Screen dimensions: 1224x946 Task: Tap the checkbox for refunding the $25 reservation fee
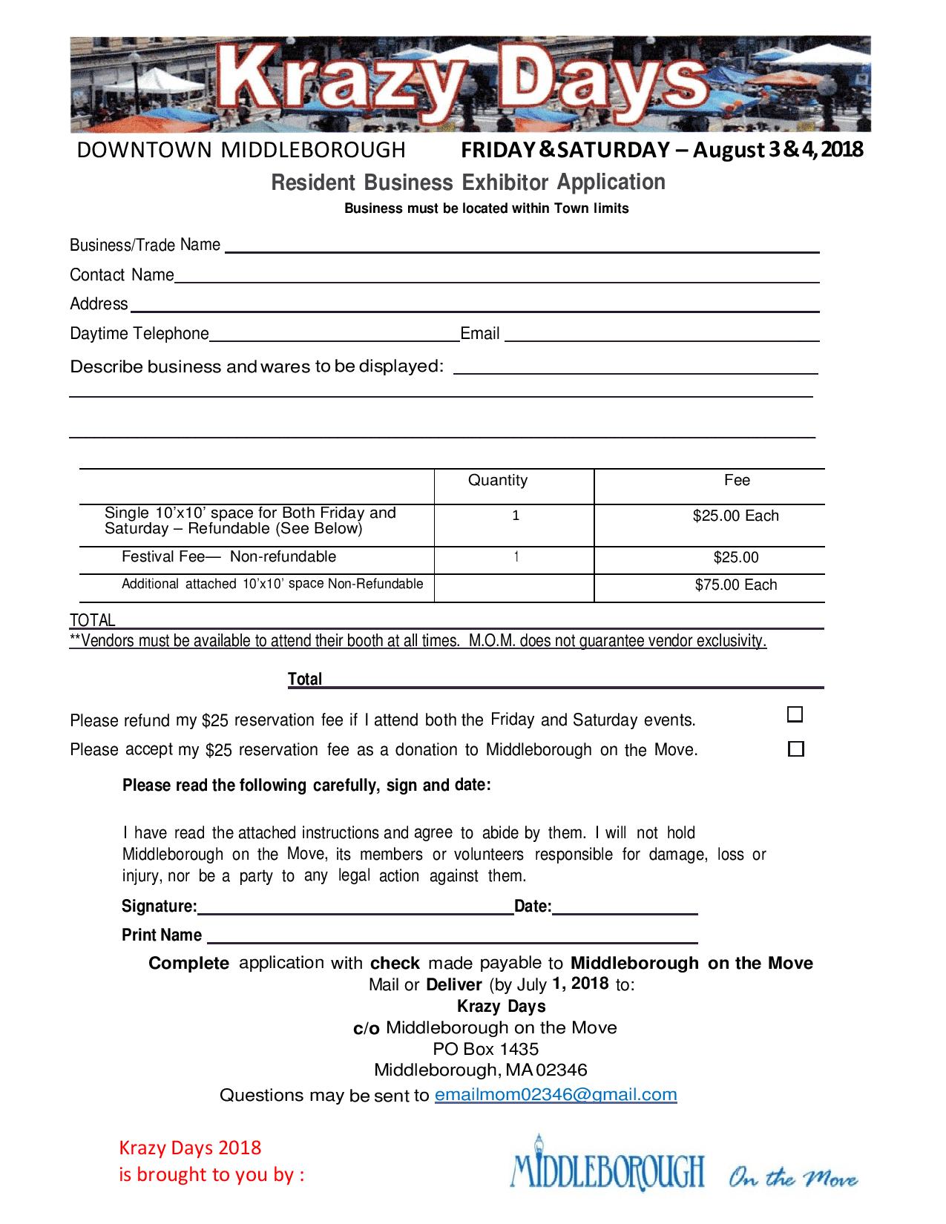(x=795, y=715)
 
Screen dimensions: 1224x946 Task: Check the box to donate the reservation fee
(x=795, y=749)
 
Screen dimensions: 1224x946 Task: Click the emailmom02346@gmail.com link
(x=555, y=1094)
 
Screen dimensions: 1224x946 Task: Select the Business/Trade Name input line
(x=522, y=248)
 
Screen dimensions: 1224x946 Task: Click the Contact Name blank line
(x=496, y=277)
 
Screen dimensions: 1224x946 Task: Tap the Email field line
(x=661, y=336)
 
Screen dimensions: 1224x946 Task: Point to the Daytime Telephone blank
(x=335, y=336)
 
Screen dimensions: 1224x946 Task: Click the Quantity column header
(x=498, y=480)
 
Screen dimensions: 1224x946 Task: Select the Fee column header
(x=737, y=480)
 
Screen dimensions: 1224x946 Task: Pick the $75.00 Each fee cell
(x=735, y=585)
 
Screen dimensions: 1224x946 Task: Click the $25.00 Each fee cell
(x=735, y=516)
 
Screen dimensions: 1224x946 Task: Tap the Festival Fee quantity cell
(x=516, y=557)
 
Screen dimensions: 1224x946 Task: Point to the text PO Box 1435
(x=485, y=1049)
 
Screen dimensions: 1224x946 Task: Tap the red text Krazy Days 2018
(x=191, y=1148)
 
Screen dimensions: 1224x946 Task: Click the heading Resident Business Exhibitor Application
(x=468, y=182)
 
